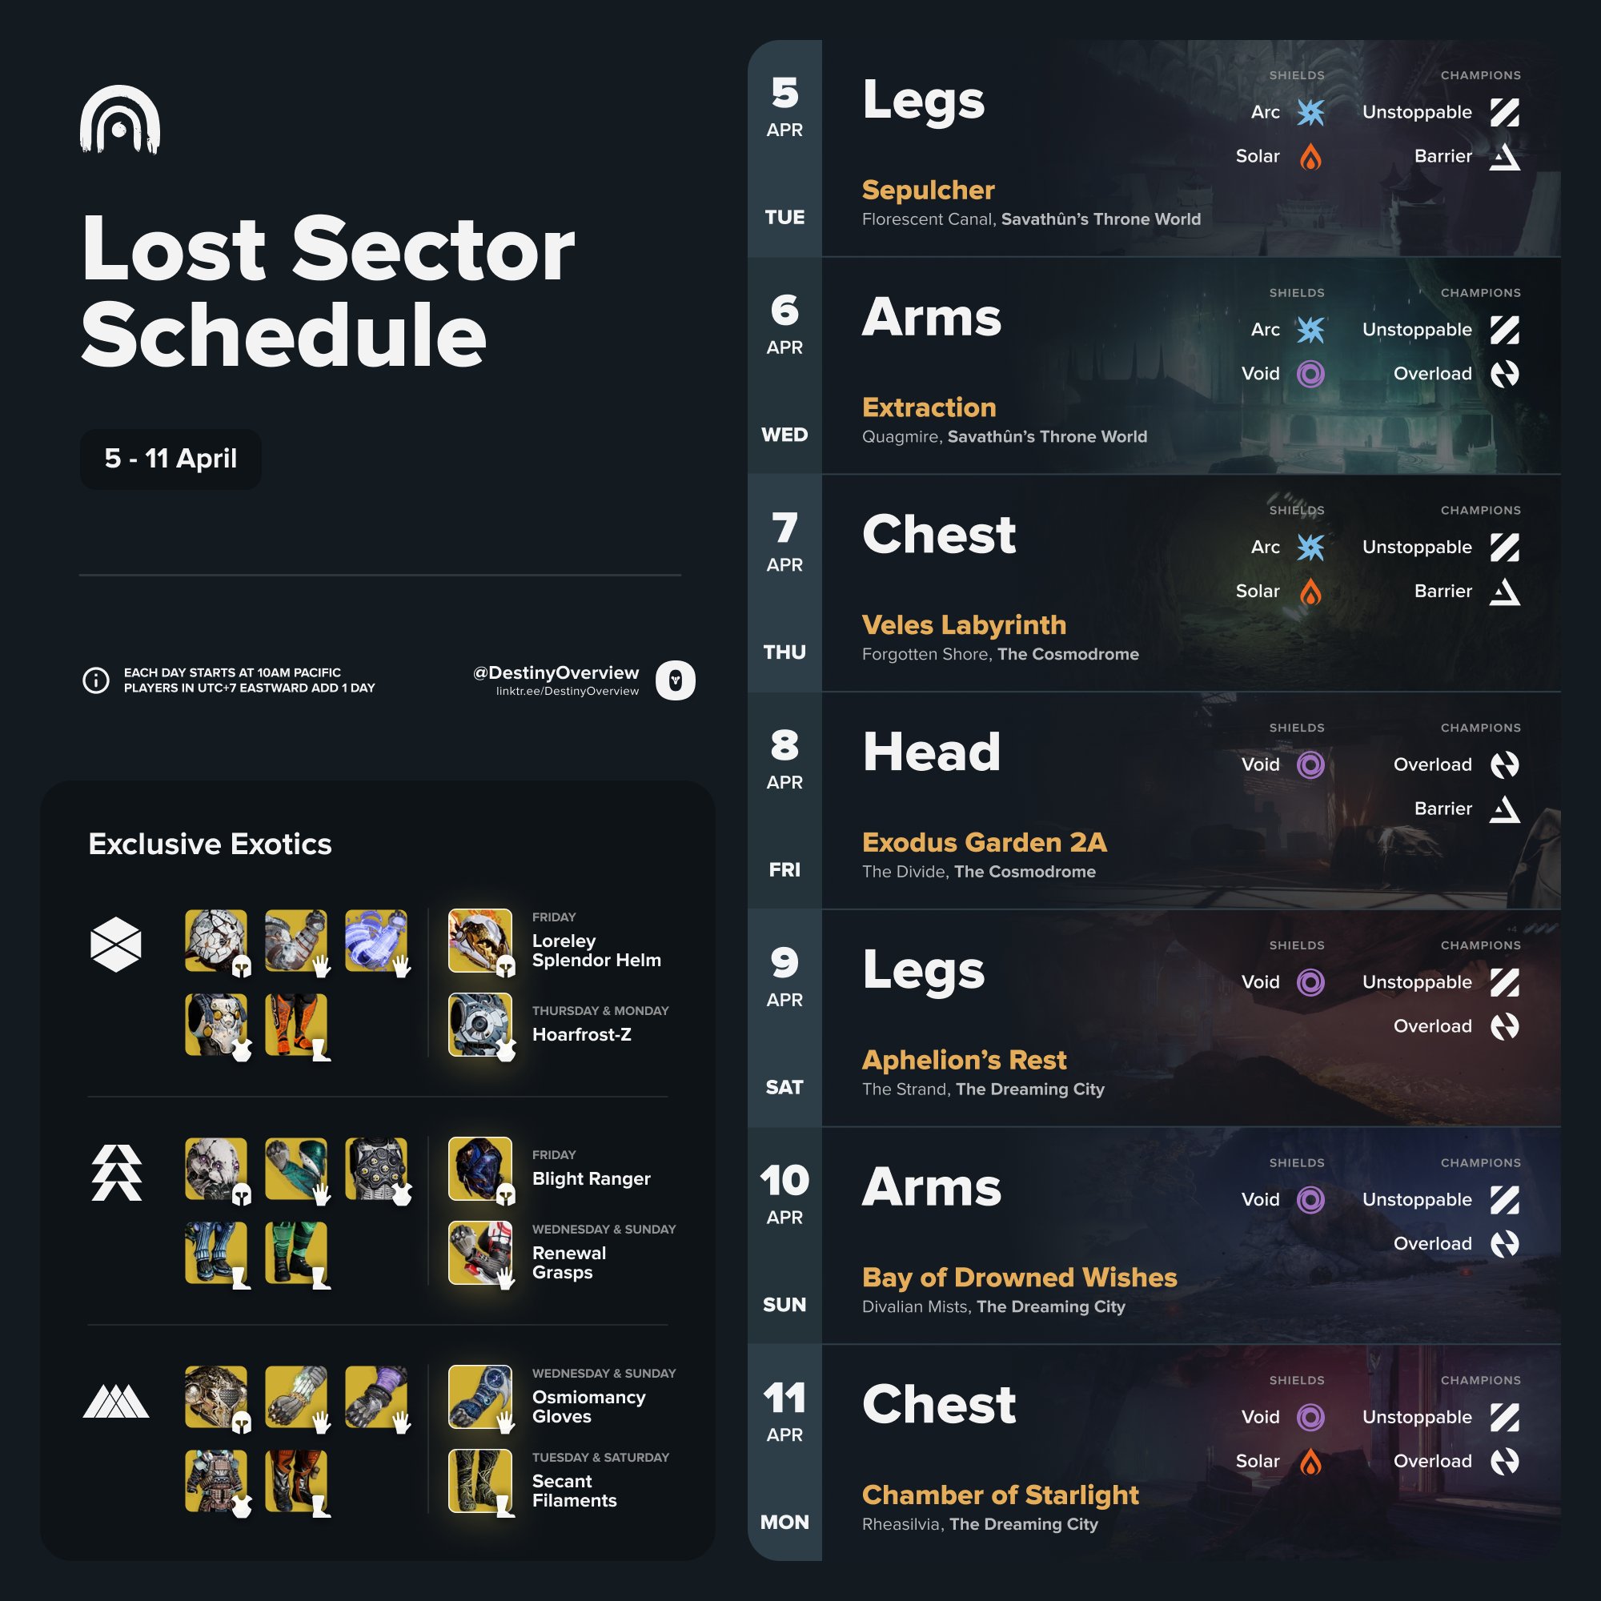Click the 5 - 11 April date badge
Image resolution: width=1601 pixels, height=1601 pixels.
coord(171,458)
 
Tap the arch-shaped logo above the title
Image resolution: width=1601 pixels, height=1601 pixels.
coord(120,120)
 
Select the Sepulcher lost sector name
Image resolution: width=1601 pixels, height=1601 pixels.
coord(927,190)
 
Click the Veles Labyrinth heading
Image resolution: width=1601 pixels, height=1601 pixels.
coord(963,625)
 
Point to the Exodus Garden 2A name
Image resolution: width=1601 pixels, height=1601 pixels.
coord(984,842)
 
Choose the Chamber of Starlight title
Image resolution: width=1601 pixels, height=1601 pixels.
coord(999,1494)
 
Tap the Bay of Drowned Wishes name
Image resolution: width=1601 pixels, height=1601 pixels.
coord(1018,1277)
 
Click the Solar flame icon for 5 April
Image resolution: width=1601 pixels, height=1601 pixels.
coord(1310,157)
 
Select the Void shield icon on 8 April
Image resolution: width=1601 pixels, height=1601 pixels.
coord(1310,764)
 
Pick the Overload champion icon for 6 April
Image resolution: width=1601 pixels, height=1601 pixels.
coord(1504,374)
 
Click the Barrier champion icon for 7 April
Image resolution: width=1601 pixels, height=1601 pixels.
coord(1504,592)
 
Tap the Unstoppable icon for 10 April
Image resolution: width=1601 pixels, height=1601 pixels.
coord(1504,1200)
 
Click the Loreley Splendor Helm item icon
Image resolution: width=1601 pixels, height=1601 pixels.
coord(479,941)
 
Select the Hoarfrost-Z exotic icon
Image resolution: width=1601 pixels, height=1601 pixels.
coord(479,1025)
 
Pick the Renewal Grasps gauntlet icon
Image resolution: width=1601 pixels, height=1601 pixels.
coord(479,1253)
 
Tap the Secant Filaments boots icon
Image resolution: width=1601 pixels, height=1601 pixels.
coord(479,1481)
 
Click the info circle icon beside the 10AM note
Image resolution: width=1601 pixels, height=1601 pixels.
coord(96,680)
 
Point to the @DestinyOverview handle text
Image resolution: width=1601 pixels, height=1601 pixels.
coord(556,673)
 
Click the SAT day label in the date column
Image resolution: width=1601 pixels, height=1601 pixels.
coord(784,1087)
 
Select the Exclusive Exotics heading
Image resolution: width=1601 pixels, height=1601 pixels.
coord(210,844)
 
